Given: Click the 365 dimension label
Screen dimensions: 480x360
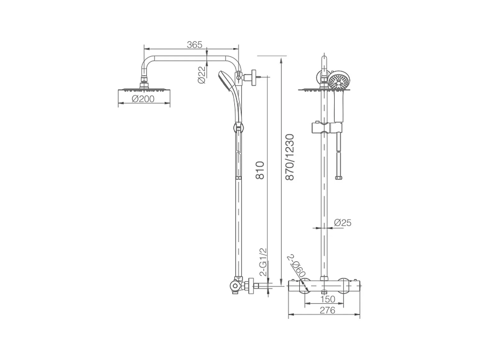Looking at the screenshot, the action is [195, 44].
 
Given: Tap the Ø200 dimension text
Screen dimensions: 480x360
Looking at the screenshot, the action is [143, 99].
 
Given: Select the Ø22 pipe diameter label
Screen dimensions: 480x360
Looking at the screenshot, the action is [202, 75].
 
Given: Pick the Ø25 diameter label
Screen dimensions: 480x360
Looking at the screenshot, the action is [342, 223].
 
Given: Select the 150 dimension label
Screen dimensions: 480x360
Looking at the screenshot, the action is [327, 299].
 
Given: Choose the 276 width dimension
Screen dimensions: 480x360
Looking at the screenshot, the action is [327, 310].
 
